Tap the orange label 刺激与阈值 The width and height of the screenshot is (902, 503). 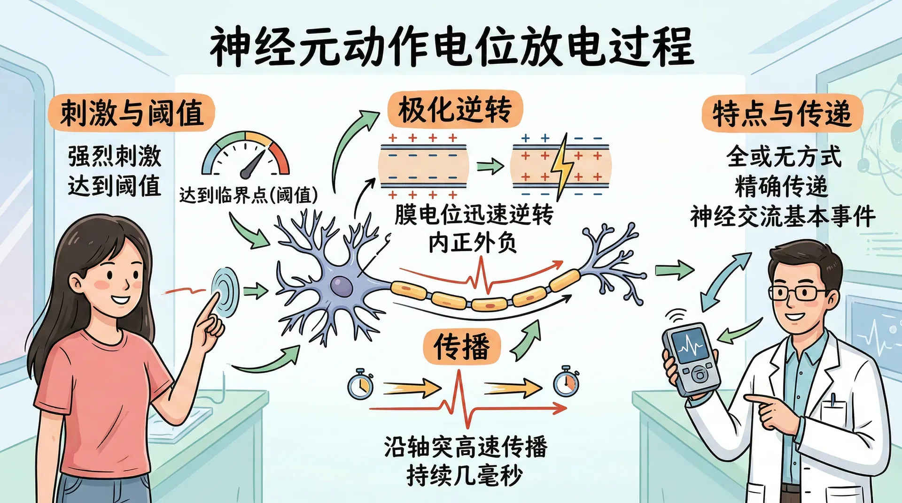pos(131,113)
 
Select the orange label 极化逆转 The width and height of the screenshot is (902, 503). pos(454,110)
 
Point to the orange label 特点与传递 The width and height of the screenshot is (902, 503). pos(782,114)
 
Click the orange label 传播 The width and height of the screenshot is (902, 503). pos(461,347)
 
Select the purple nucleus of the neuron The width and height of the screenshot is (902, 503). pos(341,285)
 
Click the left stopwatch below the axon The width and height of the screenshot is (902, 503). pos(360,385)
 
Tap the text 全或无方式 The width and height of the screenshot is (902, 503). pos(783,156)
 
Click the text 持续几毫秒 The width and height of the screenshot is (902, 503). pos(464,476)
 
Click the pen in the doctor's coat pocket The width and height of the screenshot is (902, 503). pos(832,400)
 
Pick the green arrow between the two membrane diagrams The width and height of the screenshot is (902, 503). pos(490,166)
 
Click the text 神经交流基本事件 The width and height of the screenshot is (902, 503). pos(783,216)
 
